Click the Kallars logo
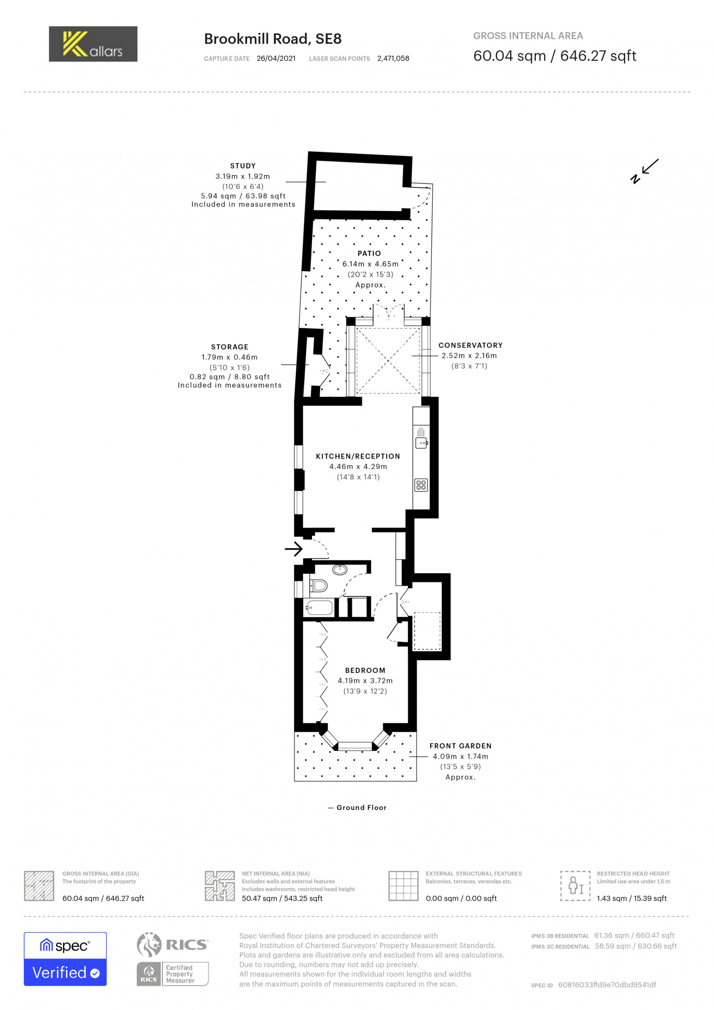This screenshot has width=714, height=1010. (93, 44)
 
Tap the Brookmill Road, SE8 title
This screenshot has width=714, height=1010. (273, 39)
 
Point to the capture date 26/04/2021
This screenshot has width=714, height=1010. (276, 59)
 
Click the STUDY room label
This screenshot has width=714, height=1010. (243, 166)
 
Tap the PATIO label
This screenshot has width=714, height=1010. (369, 253)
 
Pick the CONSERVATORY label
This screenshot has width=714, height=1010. (470, 345)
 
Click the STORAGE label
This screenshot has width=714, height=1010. (230, 347)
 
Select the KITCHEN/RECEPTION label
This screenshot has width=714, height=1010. (358, 456)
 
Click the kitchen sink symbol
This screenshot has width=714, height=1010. (421, 442)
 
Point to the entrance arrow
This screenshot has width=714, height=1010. (294, 549)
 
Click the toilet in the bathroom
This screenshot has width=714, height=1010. (319, 585)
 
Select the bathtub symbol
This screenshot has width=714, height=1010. (319, 607)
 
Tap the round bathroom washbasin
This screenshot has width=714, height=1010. (340, 570)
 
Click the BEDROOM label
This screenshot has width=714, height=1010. (365, 670)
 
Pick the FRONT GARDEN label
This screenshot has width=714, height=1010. (460, 746)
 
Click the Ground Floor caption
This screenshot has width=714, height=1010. (361, 807)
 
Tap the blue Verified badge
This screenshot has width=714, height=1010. (65, 972)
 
